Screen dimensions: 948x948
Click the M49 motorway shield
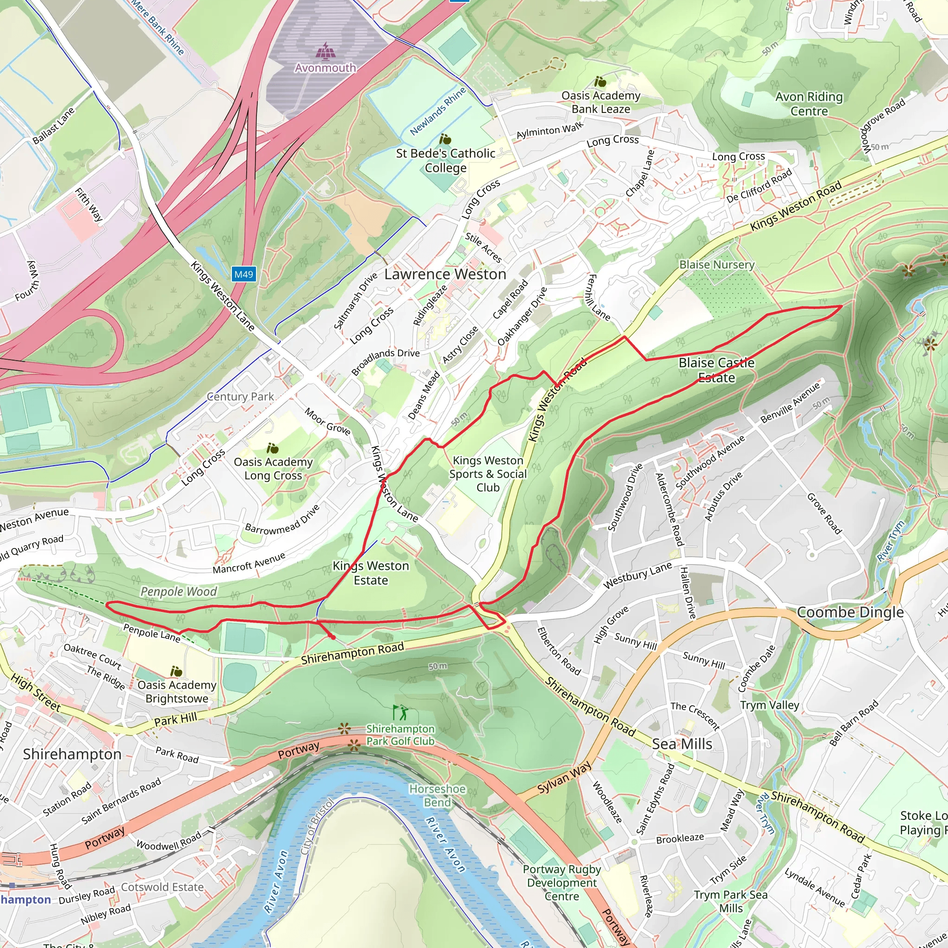tap(243, 274)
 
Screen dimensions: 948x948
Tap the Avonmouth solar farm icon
tap(324, 50)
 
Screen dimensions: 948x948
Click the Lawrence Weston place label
tap(444, 274)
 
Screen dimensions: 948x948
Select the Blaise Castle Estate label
tap(716, 370)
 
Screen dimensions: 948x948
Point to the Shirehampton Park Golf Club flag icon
tap(400, 712)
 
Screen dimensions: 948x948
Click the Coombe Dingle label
tap(850, 612)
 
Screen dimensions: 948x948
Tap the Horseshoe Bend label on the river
tap(437, 795)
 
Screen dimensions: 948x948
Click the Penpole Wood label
tap(179, 591)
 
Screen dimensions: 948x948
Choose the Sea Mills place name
tap(681, 744)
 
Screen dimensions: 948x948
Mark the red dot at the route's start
tap(333, 637)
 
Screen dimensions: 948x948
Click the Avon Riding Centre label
tap(809, 104)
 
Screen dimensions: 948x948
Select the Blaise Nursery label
tap(717, 264)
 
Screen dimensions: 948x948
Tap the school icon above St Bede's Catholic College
tap(444, 139)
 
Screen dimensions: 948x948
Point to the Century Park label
tap(240, 397)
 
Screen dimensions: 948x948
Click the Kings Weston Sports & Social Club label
tap(488, 474)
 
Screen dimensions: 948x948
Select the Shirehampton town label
tap(72, 754)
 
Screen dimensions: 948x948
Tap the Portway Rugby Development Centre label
tap(562, 882)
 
